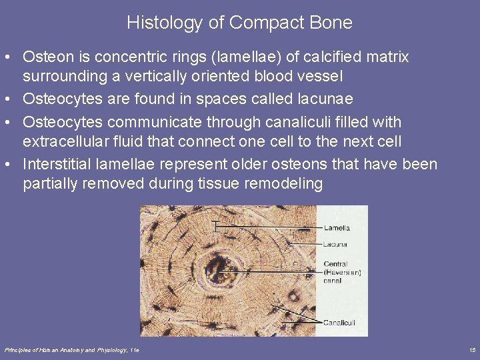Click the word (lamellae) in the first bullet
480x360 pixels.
click(x=221, y=57)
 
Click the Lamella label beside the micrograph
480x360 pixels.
click(x=337, y=228)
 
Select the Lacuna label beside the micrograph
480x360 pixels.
click(x=335, y=245)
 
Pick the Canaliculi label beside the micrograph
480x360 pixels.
click(x=340, y=323)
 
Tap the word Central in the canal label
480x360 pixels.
click(x=335, y=263)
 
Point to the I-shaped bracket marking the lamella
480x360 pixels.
click(x=215, y=227)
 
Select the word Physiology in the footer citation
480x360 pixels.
click(x=113, y=350)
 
